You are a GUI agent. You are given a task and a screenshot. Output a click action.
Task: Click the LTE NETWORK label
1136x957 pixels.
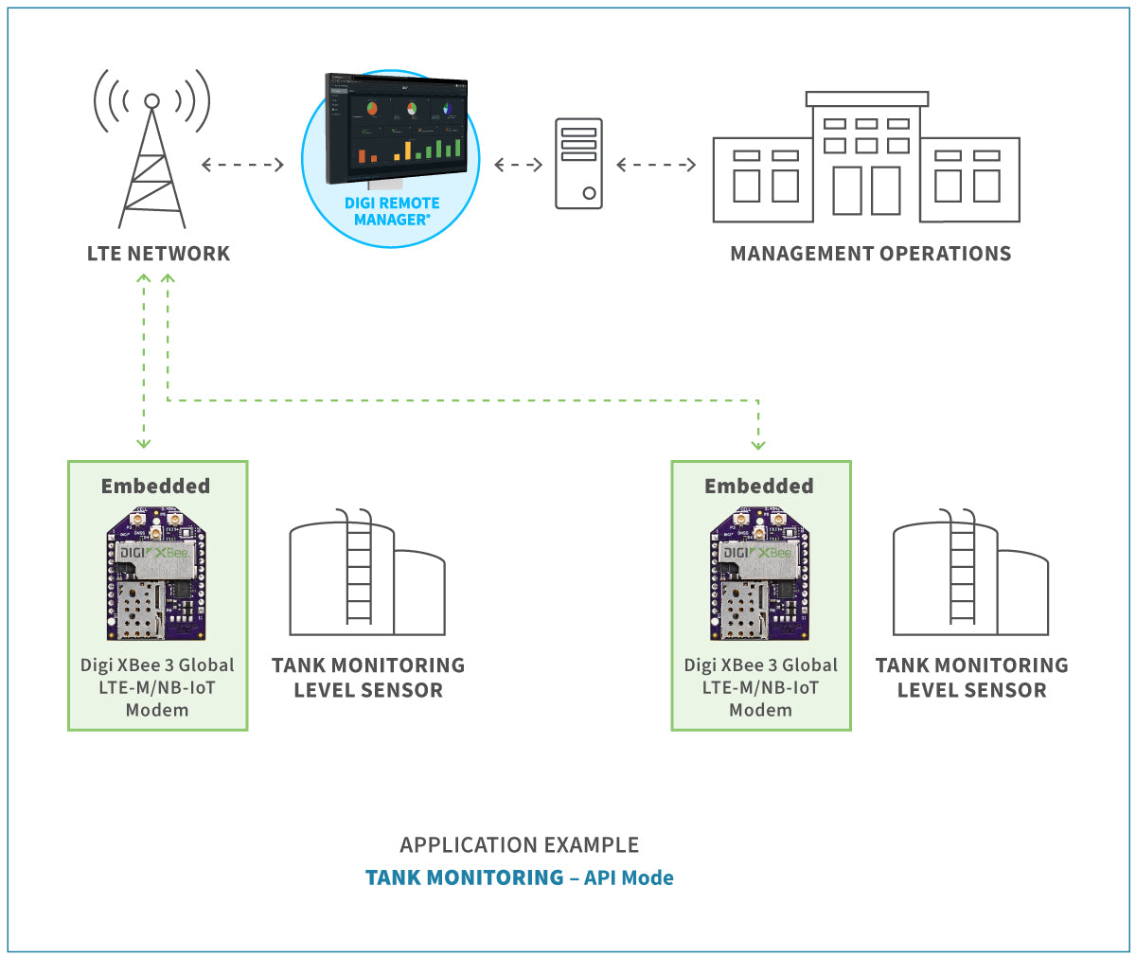point(158,254)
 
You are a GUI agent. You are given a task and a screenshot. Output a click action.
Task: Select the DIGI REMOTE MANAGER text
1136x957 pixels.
point(391,211)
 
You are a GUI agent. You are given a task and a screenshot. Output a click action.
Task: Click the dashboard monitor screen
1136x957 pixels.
point(396,128)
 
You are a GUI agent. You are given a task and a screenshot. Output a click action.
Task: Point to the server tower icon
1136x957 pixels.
point(578,163)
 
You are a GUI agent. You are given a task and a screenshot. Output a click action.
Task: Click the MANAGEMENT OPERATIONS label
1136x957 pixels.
point(870,254)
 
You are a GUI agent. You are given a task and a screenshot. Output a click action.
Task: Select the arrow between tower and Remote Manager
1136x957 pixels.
point(242,165)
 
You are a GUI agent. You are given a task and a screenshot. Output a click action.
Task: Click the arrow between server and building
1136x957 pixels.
point(656,165)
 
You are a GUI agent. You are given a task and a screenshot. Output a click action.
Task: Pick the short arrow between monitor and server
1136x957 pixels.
point(518,165)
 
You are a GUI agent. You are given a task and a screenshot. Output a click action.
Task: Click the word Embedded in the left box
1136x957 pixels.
point(155,486)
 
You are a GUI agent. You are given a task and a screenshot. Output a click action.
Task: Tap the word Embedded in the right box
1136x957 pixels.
point(758,486)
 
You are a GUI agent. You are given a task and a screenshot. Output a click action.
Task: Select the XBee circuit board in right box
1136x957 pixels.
point(760,575)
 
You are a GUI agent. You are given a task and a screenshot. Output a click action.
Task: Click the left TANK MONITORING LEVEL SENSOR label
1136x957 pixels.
point(367,678)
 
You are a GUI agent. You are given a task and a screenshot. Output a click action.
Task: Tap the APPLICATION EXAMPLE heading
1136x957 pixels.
point(519,844)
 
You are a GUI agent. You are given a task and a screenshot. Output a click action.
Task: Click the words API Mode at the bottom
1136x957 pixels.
point(629,877)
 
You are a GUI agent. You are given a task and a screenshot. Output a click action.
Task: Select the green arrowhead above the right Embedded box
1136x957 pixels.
point(757,443)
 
